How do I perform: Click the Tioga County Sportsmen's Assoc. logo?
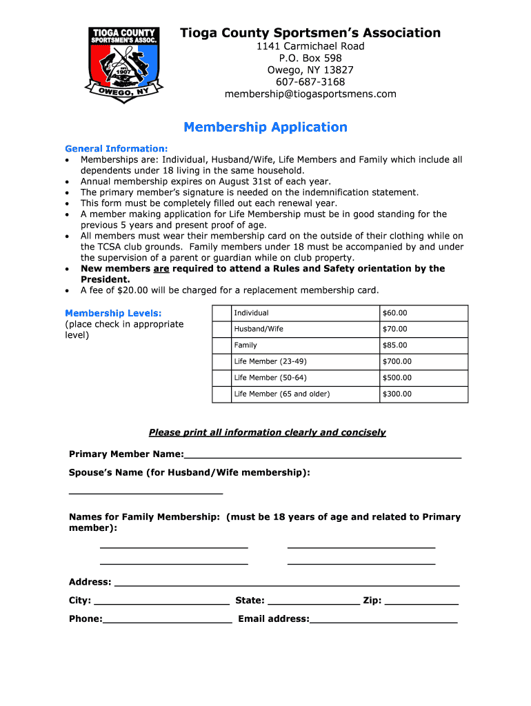coord(124,65)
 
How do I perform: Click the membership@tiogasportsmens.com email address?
coord(310,94)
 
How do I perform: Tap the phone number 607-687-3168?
coord(310,82)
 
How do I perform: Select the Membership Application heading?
coord(265,128)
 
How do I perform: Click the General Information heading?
coord(116,148)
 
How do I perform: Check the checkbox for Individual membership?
coord(221,313)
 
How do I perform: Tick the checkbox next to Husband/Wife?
coord(221,329)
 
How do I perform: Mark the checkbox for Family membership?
coord(221,345)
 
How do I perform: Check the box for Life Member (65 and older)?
coord(221,394)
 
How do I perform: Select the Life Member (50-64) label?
coord(270,378)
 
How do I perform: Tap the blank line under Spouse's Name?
coord(146,492)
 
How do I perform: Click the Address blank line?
coord(286,584)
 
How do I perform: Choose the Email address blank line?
coord(383,621)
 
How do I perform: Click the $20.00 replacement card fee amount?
coord(134,290)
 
